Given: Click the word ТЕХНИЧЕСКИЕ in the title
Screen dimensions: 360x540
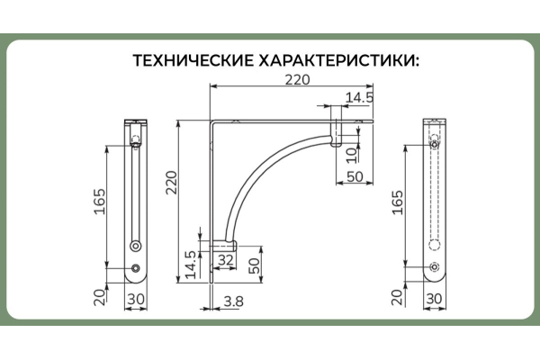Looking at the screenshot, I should [x=192, y=61].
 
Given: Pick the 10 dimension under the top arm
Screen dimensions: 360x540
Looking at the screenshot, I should [x=351, y=153].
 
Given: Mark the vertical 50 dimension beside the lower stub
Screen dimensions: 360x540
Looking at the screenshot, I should [x=255, y=266].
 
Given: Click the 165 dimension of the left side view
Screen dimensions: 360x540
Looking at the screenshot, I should [x=101, y=205].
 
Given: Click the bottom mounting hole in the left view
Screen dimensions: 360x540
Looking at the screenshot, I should [x=136, y=267].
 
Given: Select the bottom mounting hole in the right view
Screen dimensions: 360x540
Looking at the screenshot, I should [x=435, y=266].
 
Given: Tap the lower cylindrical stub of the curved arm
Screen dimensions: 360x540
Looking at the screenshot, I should [x=224, y=243].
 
